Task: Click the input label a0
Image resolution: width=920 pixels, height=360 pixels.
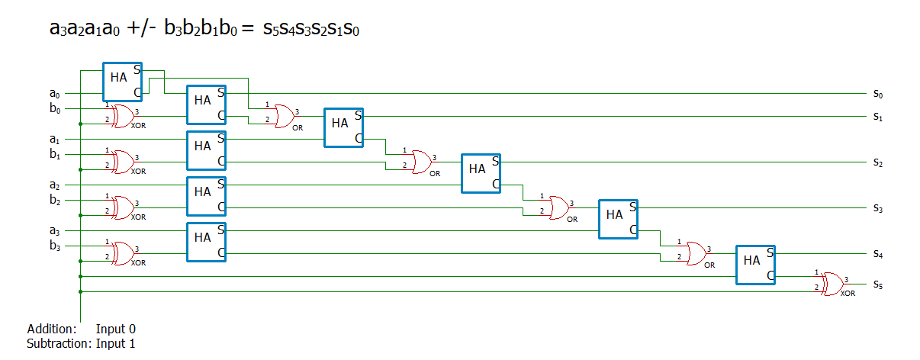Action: click(x=54, y=94)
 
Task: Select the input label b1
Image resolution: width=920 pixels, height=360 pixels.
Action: click(x=54, y=155)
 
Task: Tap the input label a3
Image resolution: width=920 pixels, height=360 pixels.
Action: click(x=54, y=231)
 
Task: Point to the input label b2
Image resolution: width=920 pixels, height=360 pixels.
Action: click(x=54, y=201)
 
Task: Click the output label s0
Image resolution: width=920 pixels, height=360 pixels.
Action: click(x=878, y=94)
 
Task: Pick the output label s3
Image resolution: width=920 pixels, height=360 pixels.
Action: click(x=878, y=208)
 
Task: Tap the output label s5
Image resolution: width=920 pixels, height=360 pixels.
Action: click(x=878, y=284)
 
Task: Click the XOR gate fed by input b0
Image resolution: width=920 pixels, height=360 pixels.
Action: click(x=121, y=116)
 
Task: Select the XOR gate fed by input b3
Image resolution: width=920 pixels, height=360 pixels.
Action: click(x=121, y=253)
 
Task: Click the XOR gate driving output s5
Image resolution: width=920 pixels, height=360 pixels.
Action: click(x=831, y=284)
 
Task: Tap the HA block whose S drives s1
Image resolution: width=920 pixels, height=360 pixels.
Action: click(x=343, y=127)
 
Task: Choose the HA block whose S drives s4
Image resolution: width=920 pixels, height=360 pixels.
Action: click(x=755, y=265)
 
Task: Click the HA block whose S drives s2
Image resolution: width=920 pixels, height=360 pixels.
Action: click(x=481, y=173)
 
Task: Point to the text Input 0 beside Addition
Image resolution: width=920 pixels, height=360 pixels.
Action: click(x=115, y=329)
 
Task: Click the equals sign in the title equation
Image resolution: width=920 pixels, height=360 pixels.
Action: click(x=246, y=29)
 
